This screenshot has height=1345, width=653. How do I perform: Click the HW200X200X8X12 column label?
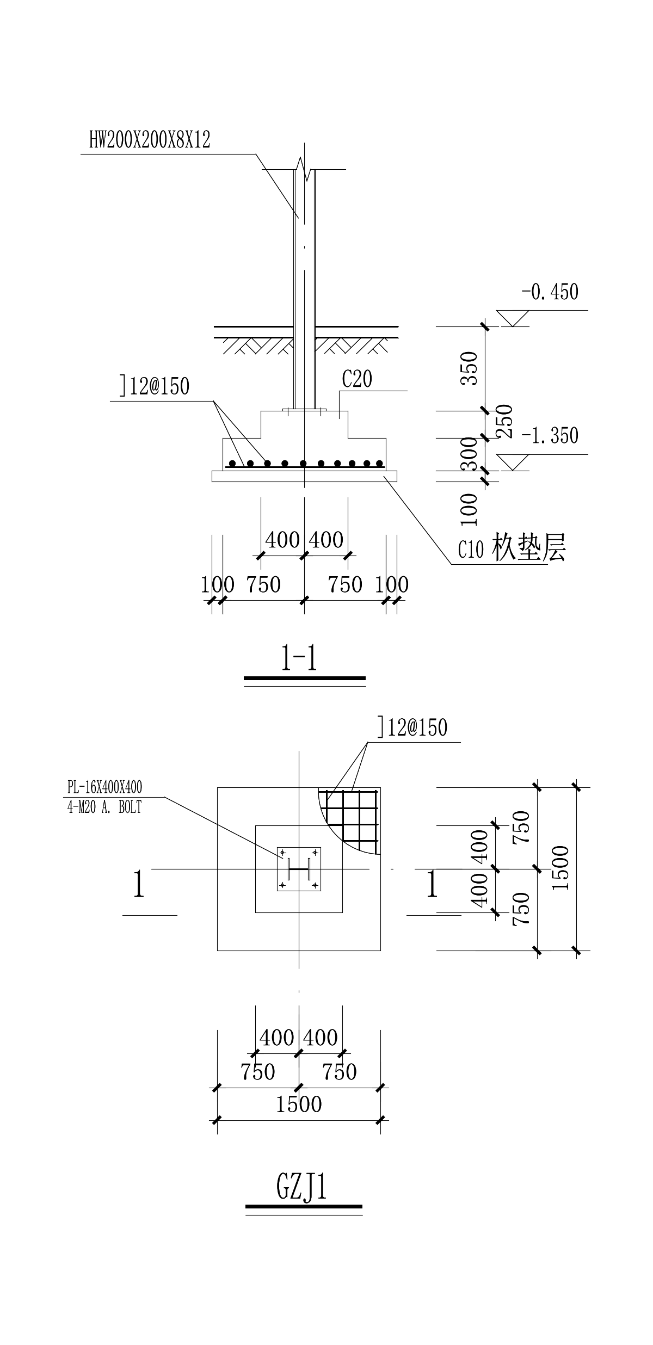pyautogui.click(x=150, y=140)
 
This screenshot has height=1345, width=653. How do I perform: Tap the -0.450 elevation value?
pyautogui.click(x=550, y=292)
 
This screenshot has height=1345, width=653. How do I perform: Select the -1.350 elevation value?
pyautogui.click(x=550, y=436)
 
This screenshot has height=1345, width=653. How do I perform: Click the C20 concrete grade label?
pyautogui.click(x=357, y=379)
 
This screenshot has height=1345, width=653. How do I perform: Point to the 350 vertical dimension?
pyautogui.click(x=469, y=368)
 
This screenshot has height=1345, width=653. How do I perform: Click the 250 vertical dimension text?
pyautogui.click(x=504, y=421)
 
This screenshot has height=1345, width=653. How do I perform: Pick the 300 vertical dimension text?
pyautogui.click(x=469, y=454)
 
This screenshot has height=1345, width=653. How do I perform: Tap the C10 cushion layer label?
pyautogui.click(x=512, y=548)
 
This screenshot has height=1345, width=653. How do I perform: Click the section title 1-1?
pyautogui.click(x=299, y=659)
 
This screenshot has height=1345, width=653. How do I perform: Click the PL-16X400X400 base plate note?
pyautogui.click(x=104, y=787)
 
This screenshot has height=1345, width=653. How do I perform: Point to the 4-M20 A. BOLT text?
pyautogui.click(x=104, y=807)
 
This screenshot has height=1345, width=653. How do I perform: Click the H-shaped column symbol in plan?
pyautogui.click(x=299, y=869)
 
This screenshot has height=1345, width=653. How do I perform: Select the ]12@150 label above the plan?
pyautogui.click(x=412, y=727)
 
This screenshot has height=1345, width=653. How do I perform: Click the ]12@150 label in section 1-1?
pyautogui.click(x=155, y=386)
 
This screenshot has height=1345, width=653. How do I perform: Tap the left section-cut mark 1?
pyautogui.click(x=139, y=884)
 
